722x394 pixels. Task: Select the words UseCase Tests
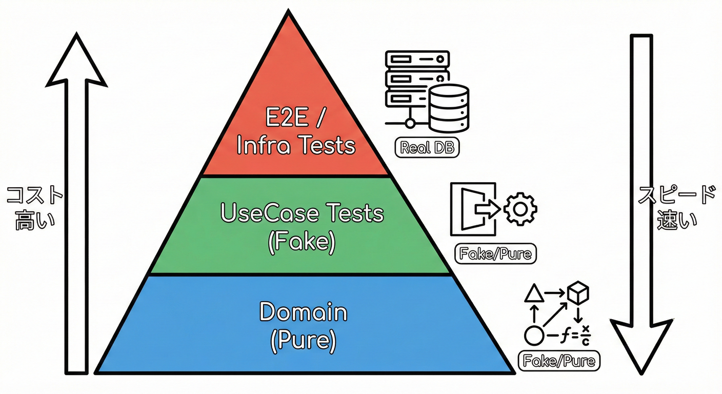coord(302,213)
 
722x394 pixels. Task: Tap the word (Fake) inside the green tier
coord(302,242)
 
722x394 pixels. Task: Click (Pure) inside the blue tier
coord(303,340)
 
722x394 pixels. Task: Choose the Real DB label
coord(427,148)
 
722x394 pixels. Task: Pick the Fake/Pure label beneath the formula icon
coord(559,361)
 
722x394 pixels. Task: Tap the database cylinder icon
coord(449,108)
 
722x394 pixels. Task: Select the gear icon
coord(520,208)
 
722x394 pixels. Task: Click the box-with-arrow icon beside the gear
coord(474,209)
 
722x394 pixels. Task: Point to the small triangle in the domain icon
coord(534,293)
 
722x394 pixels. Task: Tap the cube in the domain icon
coord(578,293)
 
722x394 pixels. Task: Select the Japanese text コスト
coord(34,195)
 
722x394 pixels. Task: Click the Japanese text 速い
coord(677,221)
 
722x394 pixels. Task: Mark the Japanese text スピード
coord(676,195)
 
